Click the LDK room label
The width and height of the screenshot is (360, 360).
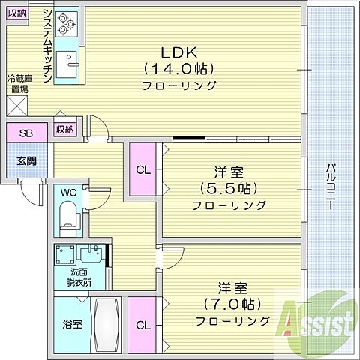[x=179, y=53]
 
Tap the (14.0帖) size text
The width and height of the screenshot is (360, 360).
[x=180, y=70]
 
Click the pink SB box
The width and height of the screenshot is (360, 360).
[x=26, y=133]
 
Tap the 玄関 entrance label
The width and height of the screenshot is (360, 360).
[x=25, y=161]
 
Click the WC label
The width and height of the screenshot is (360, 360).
[x=69, y=193]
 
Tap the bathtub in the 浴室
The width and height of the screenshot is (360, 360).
[x=106, y=327]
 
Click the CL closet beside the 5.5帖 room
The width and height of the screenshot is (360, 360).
[x=143, y=169]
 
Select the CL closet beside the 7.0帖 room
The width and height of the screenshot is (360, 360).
[x=142, y=325]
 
